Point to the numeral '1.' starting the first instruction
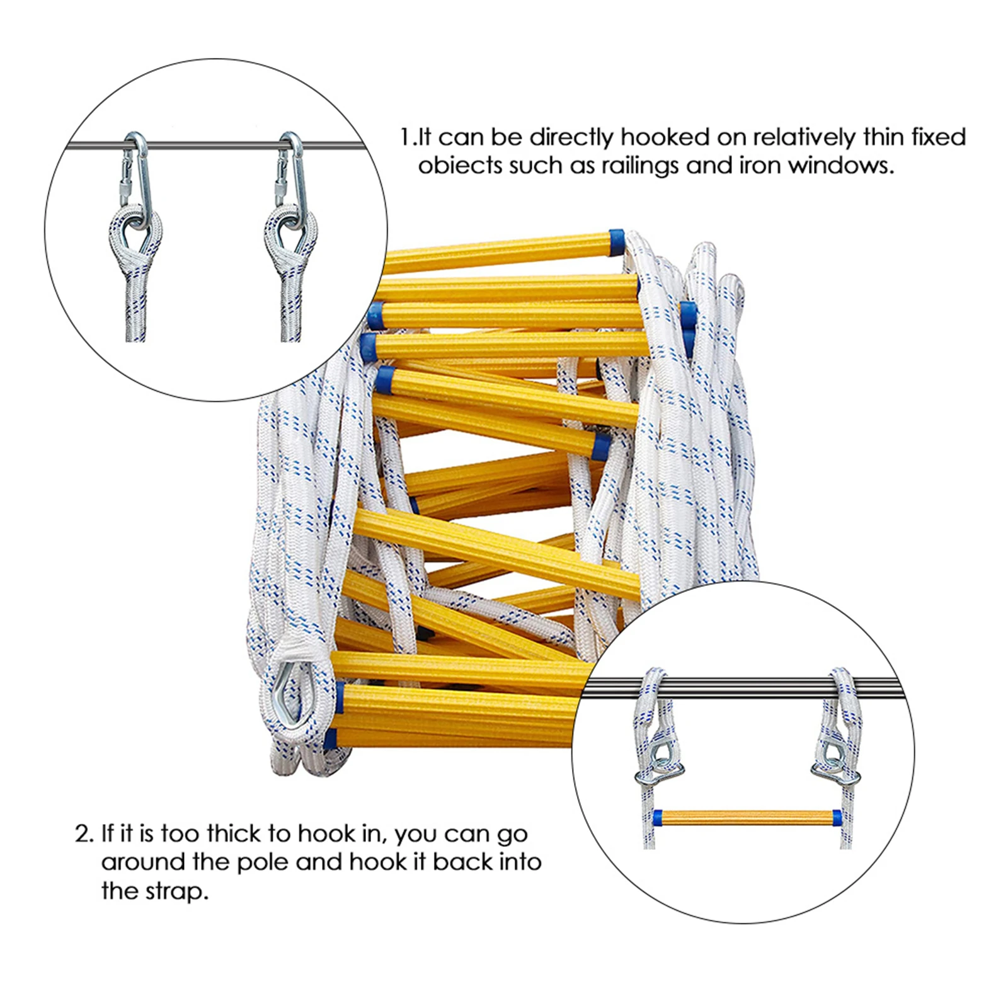408,137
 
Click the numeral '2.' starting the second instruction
84,834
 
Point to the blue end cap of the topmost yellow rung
616,242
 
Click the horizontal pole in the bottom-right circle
743,687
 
